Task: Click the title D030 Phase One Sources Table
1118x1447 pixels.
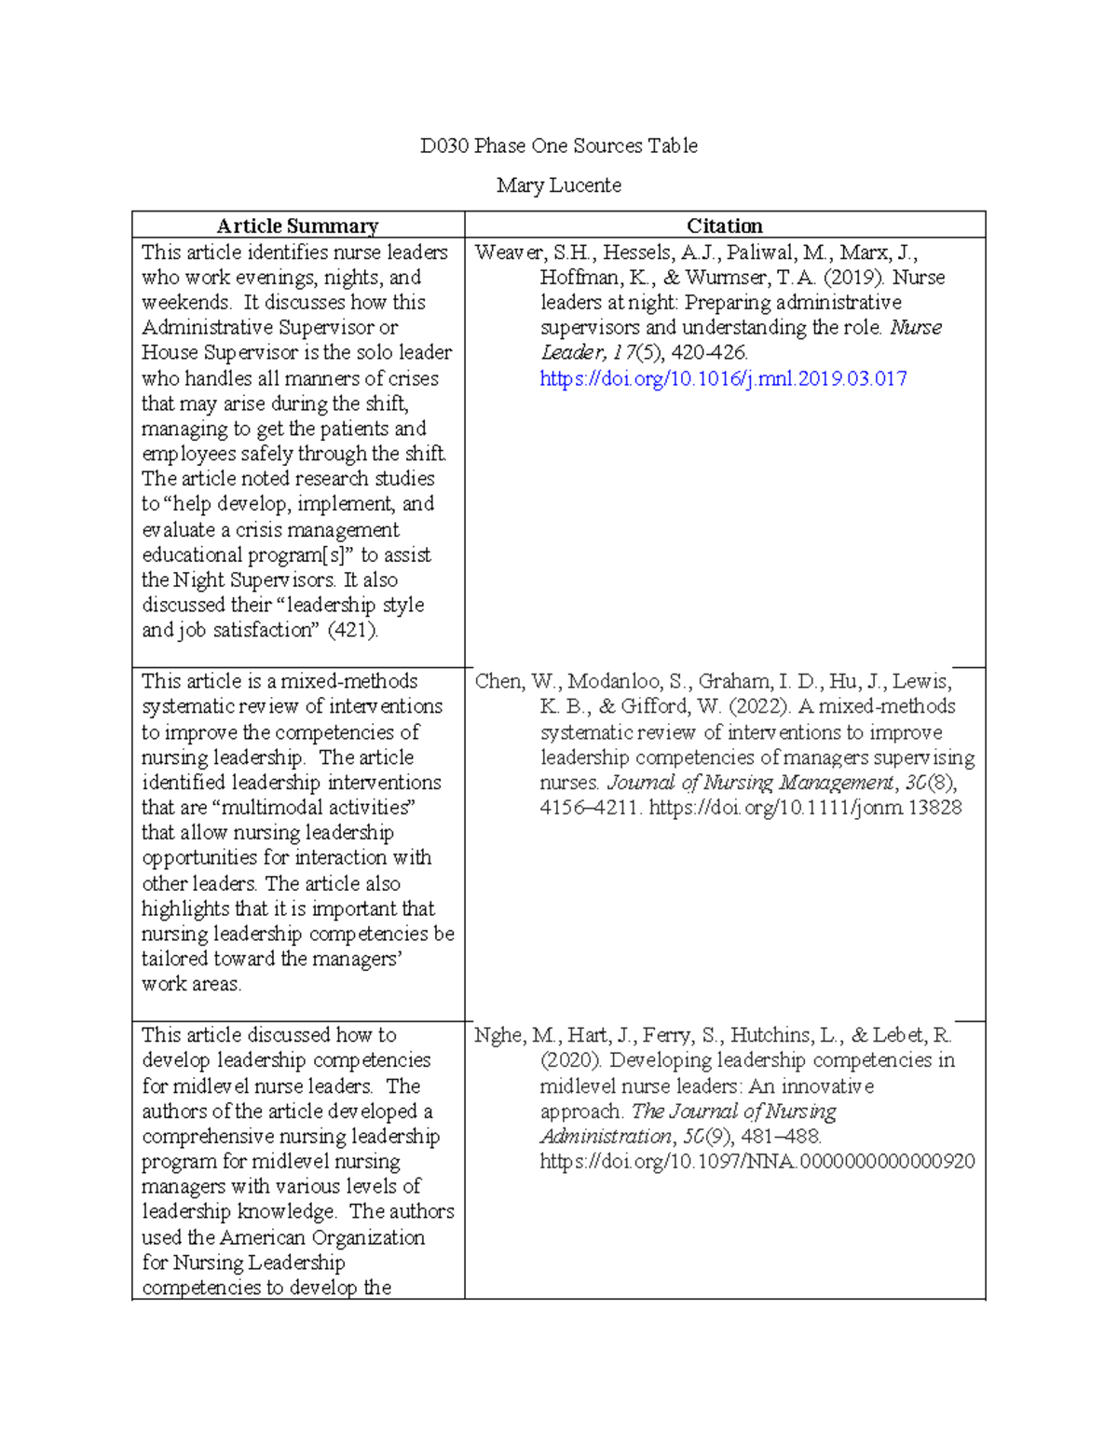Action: pyautogui.click(x=558, y=145)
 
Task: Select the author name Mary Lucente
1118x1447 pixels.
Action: pyautogui.click(x=558, y=185)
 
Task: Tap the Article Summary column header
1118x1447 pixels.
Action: pyautogui.click(x=297, y=225)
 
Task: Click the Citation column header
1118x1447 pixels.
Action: pyautogui.click(x=724, y=225)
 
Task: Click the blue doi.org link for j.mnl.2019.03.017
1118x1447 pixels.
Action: pyautogui.click(x=723, y=378)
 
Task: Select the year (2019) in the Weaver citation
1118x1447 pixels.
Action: pyautogui.click(x=855, y=278)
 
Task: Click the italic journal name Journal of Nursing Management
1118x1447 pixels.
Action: pyautogui.click(x=750, y=783)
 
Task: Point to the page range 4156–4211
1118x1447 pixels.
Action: pyautogui.click(x=589, y=808)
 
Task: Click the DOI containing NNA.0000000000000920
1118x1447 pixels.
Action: pyautogui.click(x=757, y=1162)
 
